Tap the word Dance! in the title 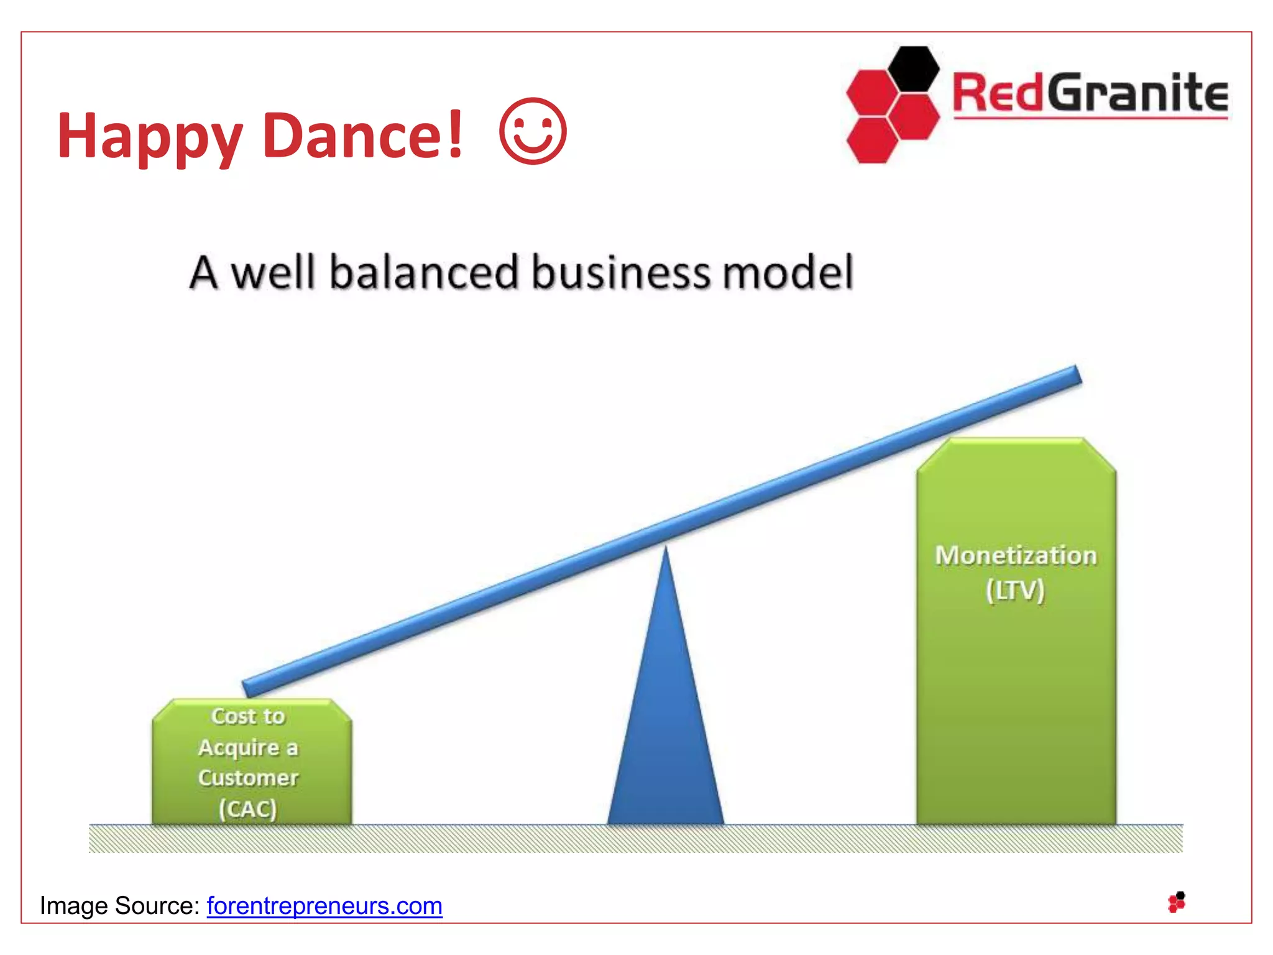coord(362,134)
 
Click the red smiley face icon coord(533,131)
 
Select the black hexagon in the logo coord(912,68)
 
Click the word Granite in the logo coord(1137,93)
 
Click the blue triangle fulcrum coord(666,734)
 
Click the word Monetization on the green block coord(1016,555)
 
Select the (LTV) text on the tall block coord(1015,590)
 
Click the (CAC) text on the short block coord(247,809)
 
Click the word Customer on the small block coord(248,778)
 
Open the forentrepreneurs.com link coord(324,906)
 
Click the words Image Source coord(119,906)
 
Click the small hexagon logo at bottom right coord(1177,902)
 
